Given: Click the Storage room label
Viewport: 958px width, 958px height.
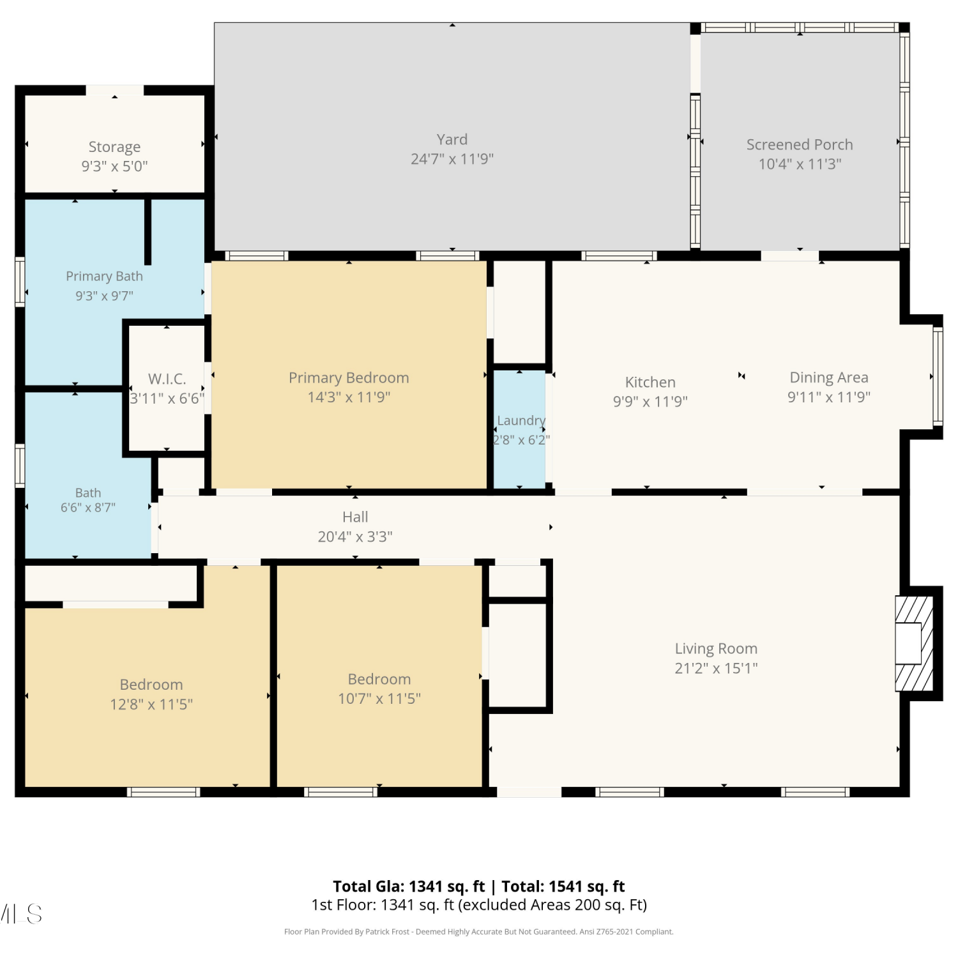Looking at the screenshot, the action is click(x=114, y=147).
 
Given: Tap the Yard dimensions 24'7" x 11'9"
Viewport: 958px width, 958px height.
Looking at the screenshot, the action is click(x=452, y=159).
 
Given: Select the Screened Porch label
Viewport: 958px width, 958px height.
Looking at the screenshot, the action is click(x=800, y=145).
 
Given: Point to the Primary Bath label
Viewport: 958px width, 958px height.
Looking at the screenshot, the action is click(x=104, y=277).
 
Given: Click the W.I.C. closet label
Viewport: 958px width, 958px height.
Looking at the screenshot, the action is click(x=167, y=379).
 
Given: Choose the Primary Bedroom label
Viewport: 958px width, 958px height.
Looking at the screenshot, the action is click(x=349, y=377).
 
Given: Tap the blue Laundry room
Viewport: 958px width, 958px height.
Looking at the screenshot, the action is click(x=520, y=429).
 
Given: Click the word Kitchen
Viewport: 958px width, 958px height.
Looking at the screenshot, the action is click(x=650, y=382).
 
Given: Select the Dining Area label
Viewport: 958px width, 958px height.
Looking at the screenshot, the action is click(x=829, y=377).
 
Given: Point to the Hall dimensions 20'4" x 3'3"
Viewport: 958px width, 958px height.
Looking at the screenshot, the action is click(x=355, y=536).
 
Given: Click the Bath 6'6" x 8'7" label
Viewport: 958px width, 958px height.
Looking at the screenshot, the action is click(x=88, y=500).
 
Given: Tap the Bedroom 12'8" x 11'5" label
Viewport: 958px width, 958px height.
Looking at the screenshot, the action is click(x=151, y=694).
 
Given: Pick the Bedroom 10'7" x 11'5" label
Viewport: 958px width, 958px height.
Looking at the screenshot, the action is click(x=379, y=688).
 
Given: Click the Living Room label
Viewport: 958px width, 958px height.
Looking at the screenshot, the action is click(x=716, y=649).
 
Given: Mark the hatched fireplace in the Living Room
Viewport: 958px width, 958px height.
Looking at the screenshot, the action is click(x=915, y=644).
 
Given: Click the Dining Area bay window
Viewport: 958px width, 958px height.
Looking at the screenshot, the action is click(x=938, y=376).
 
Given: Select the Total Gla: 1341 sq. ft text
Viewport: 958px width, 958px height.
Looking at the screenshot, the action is click(x=409, y=886).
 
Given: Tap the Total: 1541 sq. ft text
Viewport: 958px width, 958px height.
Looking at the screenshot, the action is click(x=563, y=886).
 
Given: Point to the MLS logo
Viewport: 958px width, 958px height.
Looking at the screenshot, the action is click(x=21, y=914).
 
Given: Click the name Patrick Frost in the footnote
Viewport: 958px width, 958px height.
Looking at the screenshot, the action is click(x=387, y=932).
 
